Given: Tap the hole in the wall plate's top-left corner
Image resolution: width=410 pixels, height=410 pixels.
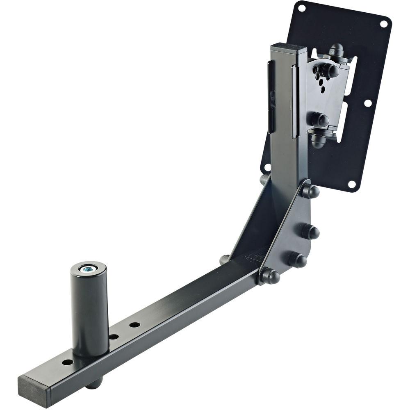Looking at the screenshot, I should pyautogui.click(x=301, y=7).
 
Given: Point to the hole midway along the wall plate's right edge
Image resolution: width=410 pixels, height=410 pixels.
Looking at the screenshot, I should pyautogui.click(x=367, y=103).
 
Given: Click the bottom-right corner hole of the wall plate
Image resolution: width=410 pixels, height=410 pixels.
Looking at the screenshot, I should pyautogui.click(x=351, y=184).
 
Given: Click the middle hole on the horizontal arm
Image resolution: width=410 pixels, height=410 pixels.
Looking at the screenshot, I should pyautogui.click(x=114, y=337).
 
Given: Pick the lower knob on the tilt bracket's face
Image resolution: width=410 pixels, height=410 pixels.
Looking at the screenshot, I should pyautogui.click(x=319, y=120).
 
